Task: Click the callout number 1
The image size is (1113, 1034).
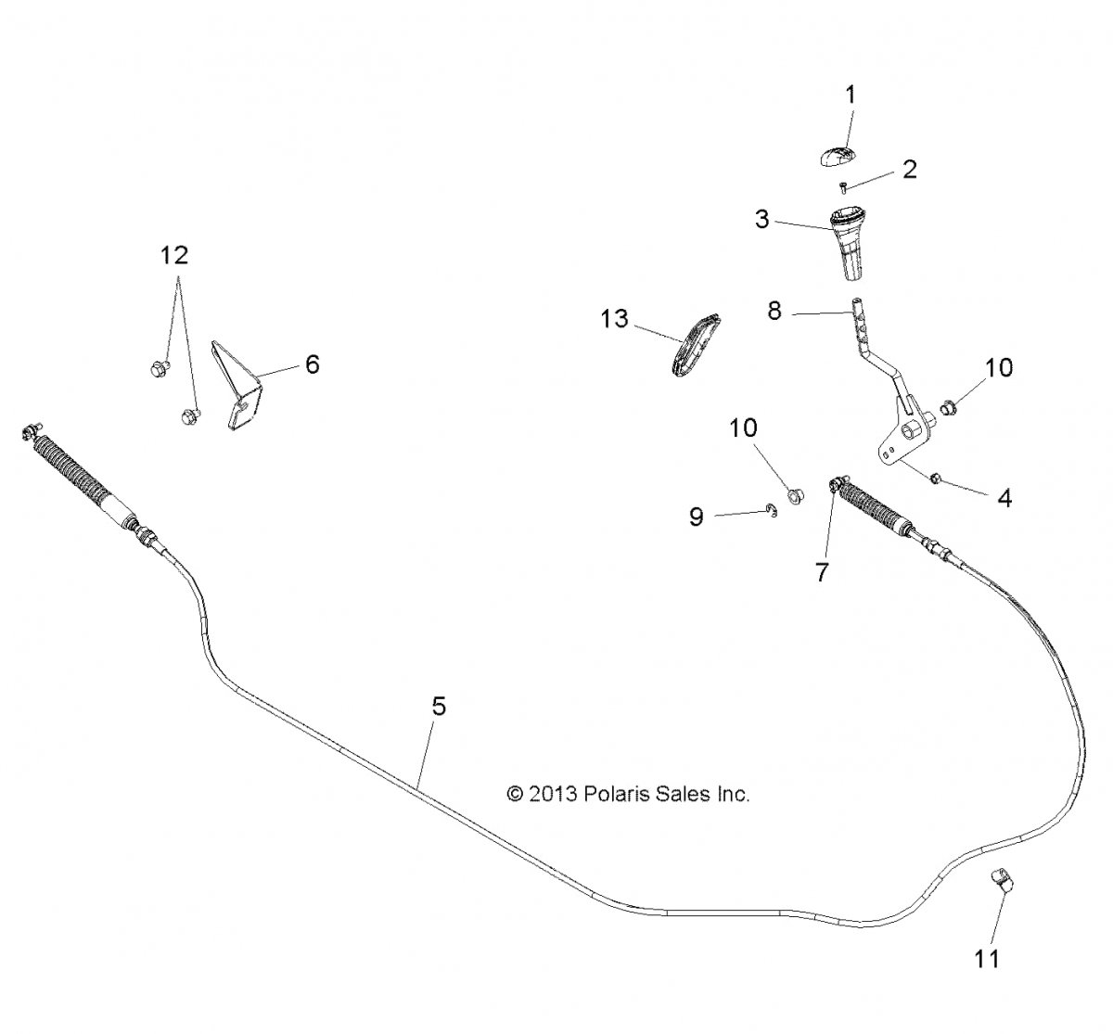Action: coord(851,96)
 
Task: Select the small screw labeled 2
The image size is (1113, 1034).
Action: coord(843,187)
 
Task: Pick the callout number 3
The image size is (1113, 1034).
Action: coord(761,219)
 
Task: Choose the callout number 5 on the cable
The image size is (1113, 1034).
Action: coord(439,707)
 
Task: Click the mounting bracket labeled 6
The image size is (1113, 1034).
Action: coord(237,385)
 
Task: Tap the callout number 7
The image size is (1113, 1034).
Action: coord(822,572)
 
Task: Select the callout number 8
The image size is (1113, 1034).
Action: coord(774,311)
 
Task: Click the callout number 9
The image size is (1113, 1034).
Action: coord(696,517)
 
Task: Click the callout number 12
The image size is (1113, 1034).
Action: coord(174,256)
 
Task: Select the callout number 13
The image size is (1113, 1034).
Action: coord(614,319)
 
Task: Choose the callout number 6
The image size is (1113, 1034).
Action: coord(313,364)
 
